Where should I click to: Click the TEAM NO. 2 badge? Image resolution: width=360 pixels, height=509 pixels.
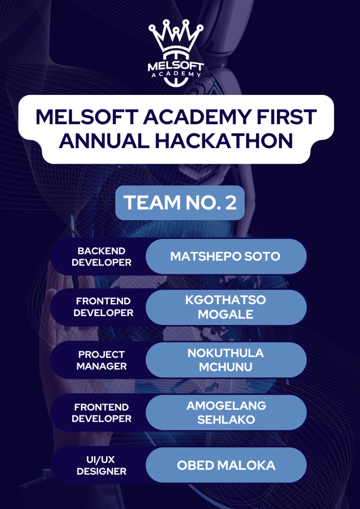point(180,203)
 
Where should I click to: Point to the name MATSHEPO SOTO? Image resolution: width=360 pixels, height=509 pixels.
point(225,256)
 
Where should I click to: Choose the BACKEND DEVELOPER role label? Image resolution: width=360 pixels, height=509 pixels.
point(101,256)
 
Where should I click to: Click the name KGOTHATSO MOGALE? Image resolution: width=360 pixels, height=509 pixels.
point(226,307)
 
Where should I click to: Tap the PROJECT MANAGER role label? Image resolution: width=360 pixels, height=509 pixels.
point(101,360)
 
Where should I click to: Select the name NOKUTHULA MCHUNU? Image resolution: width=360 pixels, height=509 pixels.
point(226,360)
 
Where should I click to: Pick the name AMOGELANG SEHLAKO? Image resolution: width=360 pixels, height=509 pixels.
point(226,412)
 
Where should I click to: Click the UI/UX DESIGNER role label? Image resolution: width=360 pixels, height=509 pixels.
point(101,465)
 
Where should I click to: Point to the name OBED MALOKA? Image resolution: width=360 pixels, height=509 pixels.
point(226,465)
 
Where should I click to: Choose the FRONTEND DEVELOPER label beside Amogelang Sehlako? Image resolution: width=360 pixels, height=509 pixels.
point(101,412)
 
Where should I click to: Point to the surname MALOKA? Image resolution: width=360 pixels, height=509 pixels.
point(246,465)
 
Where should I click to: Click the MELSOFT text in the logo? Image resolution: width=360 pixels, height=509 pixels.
point(176,67)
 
